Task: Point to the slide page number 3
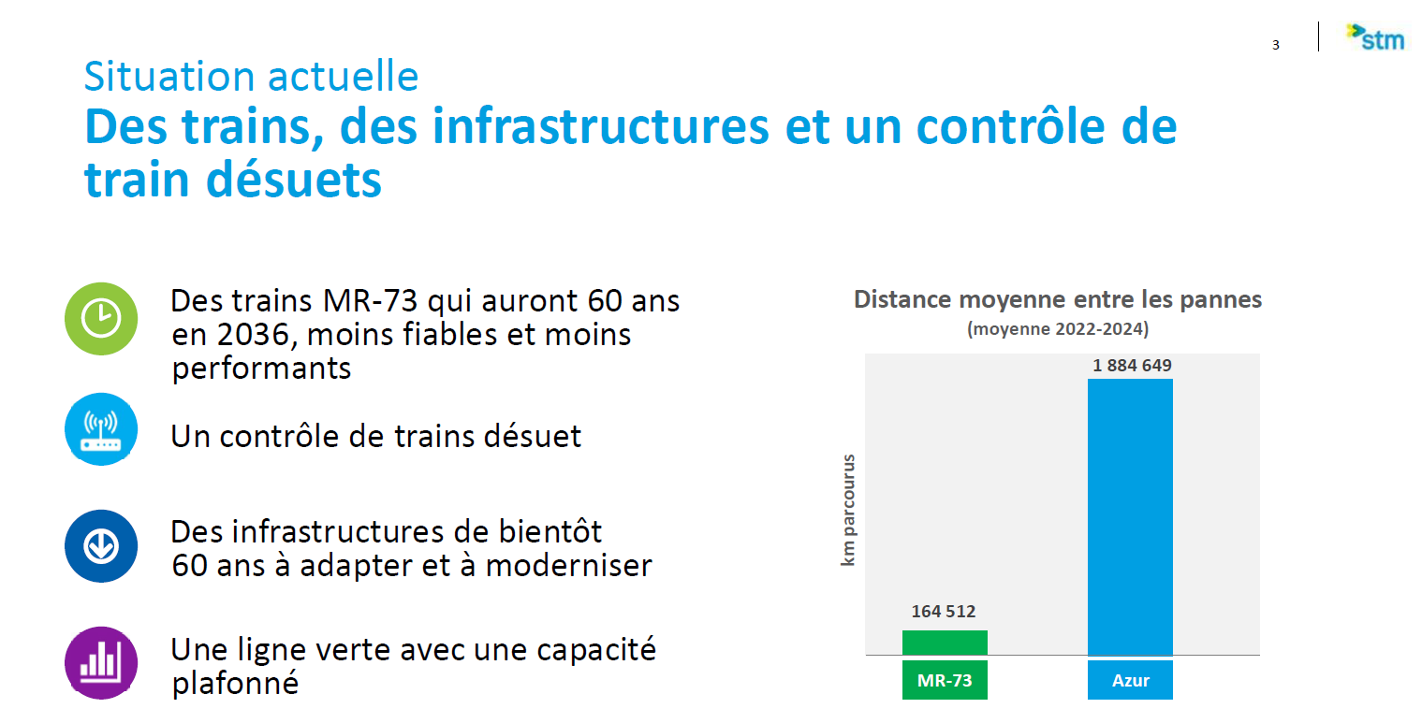[x=1275, y=45]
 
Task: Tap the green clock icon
[x=101, y=318]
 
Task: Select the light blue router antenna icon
[x=101, y=429]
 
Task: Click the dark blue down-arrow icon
[x=101, y=546]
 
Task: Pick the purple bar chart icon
[x=101, y=663]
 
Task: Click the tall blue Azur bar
[x=1130, y=517]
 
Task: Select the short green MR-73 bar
[x=945, y=643]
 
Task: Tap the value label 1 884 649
[x=1132, y=366]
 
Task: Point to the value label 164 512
[x=944, y=612]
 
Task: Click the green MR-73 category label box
[x=945, y=680]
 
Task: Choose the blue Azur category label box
[x=1130, y=680]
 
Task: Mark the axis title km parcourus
[x=848, y=510]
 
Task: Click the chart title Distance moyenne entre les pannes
[x=1058, y=299]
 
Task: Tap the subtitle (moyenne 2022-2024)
[x=1058, y=329]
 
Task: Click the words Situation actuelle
[x=252, y=76]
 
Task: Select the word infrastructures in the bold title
[x=601, y=126]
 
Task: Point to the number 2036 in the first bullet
[x=254, y=335]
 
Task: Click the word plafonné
[x=235, y=684]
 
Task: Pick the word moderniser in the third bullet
[x=569, y=566]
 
